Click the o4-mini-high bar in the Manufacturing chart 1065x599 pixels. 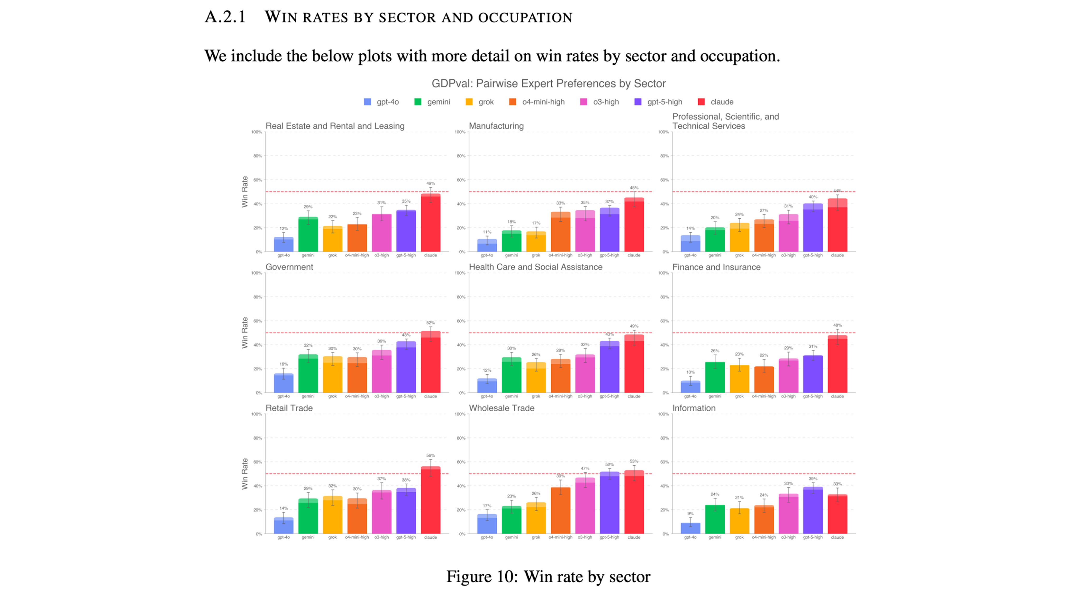[560, 232]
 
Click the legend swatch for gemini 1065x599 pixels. [418, 102]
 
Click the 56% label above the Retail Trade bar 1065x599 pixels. [430, 455]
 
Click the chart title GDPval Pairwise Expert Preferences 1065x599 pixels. [548, 84]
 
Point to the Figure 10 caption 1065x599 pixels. [548, 577]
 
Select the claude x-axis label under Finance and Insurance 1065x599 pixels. [837, 396]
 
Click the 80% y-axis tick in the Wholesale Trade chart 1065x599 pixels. [460, 438]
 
